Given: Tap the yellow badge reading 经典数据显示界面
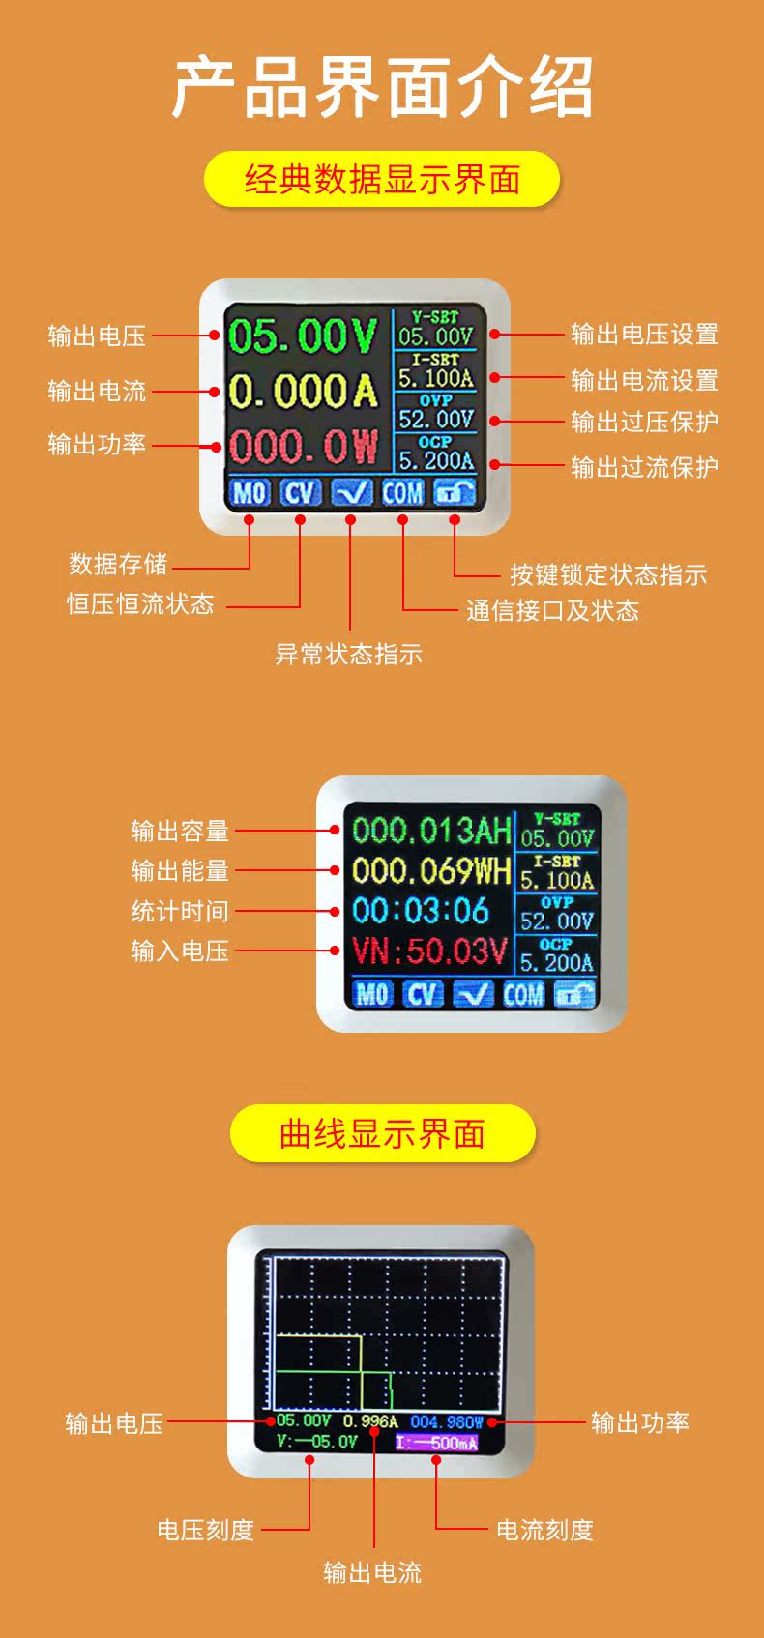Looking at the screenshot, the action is [x=382, y=180].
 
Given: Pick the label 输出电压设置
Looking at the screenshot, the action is [x=644, y=335].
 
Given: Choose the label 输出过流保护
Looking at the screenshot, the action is [x=644, y=467].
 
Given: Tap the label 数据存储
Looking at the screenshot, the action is [x=118, y=564].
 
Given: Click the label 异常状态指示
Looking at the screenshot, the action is [x=348, y=654].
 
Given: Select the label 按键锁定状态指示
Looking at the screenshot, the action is [x=608, y=575].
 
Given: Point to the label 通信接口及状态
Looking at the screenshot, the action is [x=552, y=610].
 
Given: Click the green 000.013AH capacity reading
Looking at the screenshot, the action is [x=430, y=831].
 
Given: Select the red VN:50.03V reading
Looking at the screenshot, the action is [x=428, y=951].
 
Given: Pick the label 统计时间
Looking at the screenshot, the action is [x=180, y=911].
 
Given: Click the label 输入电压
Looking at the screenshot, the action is [x=180, y=951].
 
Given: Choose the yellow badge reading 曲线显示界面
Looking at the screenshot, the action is [x=382, y=1133].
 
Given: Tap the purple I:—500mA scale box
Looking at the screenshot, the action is [x=436, y=1443].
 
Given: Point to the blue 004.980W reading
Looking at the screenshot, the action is [x=447, y=1421].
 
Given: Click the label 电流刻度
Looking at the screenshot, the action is [x=544, y=1530].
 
